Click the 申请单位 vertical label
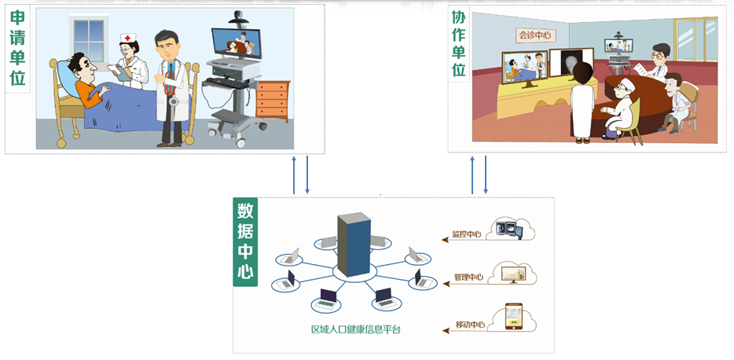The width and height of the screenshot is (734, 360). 17,49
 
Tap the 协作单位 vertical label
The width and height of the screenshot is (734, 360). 460,43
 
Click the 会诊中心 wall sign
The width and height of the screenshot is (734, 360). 534,35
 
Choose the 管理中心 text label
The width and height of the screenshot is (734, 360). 468,277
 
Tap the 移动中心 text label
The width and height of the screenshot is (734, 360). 469,324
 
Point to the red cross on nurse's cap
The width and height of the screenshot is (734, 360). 127,38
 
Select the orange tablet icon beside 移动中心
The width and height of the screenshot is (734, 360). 512,318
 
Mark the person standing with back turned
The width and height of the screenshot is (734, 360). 582,102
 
